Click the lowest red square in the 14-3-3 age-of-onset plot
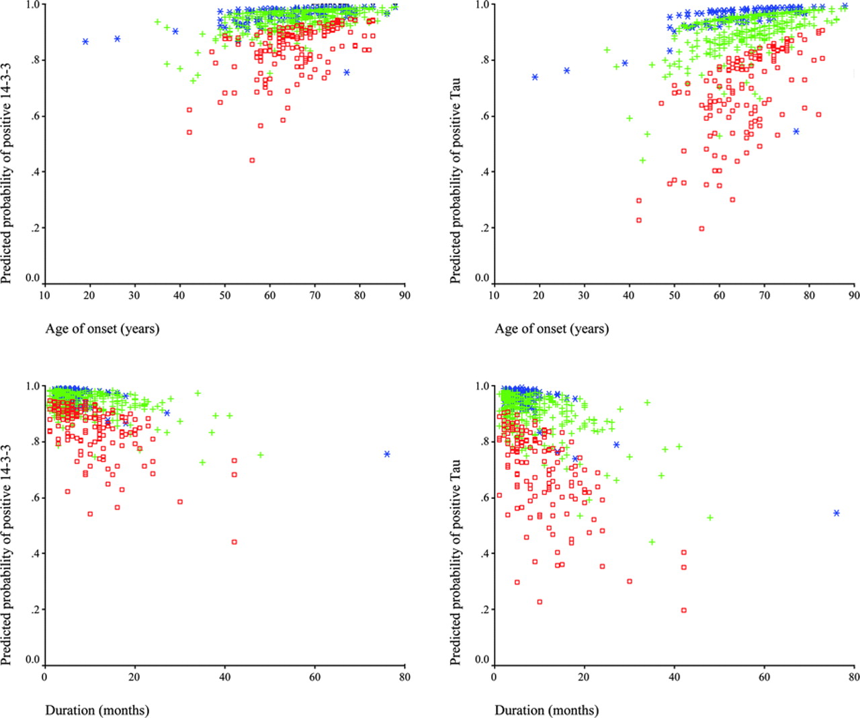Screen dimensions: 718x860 click(252, 161)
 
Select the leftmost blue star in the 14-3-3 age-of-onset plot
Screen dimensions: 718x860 click(85, 42)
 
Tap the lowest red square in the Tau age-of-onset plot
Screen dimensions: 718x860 click(701, 229)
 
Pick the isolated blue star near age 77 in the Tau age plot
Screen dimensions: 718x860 click(796, 132)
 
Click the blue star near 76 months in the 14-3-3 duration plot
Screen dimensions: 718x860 click(387, 455)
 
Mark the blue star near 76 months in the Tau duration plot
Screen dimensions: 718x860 click(836, 513)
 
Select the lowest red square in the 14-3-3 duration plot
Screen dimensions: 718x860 click(234, 542)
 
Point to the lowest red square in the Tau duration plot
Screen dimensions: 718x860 click(684, 611)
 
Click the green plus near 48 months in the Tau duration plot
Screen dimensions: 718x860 click(710, 518)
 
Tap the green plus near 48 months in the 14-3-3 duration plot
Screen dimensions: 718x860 click(261, 455)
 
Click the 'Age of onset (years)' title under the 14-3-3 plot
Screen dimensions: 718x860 click(102, 329)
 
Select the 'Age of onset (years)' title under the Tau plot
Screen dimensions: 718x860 click(552, 329)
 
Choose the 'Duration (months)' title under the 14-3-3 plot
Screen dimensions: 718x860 click(97, 711)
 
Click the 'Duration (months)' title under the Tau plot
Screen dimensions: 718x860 click(547, 711)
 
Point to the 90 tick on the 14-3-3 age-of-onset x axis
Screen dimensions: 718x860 click(404, 296)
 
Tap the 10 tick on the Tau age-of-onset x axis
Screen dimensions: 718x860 click(494, 296)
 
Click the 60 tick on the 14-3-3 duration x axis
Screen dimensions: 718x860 click(315, 677)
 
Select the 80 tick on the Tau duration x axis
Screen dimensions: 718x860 click(854, 677)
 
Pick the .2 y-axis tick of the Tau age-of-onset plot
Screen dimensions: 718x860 click(483, 228)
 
